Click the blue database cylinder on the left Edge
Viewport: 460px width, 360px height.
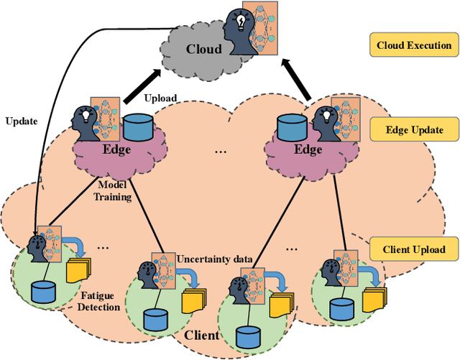click(139, 128)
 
